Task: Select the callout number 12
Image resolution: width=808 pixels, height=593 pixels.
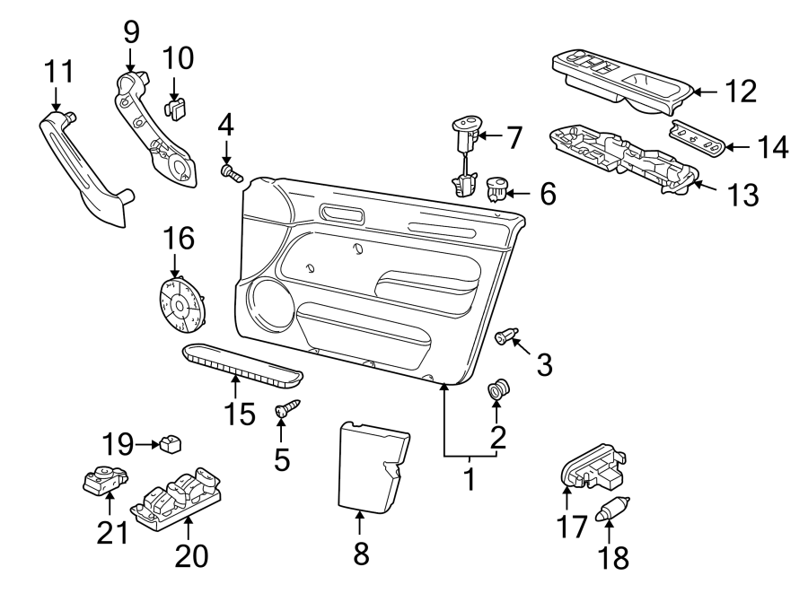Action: [741, 91]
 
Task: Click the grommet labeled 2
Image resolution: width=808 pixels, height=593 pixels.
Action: [497, 391]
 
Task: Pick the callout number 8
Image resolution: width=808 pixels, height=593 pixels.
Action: [361, 554]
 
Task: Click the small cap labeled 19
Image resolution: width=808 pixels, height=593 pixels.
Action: [170, 443]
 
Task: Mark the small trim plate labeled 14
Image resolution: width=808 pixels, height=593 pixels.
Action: [698, 139]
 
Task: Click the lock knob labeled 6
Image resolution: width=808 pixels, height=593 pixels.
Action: [496, 189]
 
